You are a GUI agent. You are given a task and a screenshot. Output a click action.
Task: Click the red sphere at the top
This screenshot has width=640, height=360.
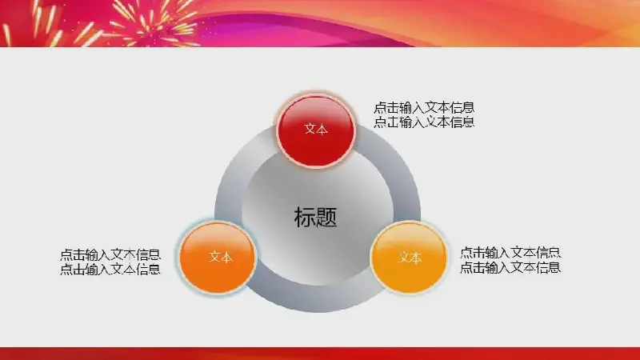click(315, 130)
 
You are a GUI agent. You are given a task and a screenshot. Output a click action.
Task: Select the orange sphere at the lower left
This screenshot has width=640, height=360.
click(218, 258)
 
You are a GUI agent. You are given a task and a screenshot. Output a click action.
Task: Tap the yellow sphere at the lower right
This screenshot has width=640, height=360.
click(409, 258)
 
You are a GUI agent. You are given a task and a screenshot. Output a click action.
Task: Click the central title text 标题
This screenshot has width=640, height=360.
click(315, 217)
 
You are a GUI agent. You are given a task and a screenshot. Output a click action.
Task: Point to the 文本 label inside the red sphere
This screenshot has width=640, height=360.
click(316, 129)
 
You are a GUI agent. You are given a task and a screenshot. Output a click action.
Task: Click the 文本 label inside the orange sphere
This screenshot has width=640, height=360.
click(221, 257)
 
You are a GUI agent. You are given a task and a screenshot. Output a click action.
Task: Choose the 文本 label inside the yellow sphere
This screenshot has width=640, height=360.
click(410, 258)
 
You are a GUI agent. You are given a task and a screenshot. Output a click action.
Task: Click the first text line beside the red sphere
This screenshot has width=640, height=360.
click(424, 108)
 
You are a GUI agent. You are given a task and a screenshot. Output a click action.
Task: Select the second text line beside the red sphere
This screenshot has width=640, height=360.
click(424, 122)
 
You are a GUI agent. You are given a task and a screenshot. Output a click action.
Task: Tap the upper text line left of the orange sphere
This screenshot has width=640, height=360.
click(110, 254)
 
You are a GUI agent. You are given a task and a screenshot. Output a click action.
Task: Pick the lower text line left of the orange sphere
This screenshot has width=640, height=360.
click(110, 269)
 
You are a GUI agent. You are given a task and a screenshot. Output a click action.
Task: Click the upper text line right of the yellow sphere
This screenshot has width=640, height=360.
click(510, 253)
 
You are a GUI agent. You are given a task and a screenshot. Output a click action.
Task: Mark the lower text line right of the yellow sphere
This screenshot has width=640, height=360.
click(510, 267)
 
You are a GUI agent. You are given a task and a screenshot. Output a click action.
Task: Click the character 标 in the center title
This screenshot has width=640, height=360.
click(305, 217)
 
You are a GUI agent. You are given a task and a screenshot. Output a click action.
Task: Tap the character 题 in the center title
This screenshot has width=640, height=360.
click(326, 217)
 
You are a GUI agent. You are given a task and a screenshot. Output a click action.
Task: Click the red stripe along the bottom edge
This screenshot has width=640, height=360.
click(320, 354)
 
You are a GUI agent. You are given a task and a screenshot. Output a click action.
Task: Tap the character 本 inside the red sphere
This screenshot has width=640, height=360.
click(322, 129)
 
